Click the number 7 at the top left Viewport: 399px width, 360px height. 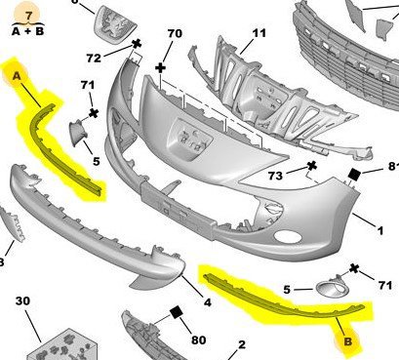pyautogui.click(x=28, y=16)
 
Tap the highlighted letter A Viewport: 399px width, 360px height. pyautogui.click(x=17, y=76)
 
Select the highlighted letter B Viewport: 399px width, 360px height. pyautogui.click(x=348, y=341)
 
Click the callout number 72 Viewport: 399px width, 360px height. pyautogui.click(x=94, y=59)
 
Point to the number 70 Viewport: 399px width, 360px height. pyautogui.click(x=175, y=33)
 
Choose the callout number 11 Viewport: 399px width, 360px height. pyautogui.click(x=259, y=33)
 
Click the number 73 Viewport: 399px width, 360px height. pyautogui.click(x=275, y=176)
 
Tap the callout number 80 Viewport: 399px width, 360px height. pyautogui.click(x=198, y=340)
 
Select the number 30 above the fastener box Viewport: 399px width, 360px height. pyautogui.click(x=22, y=300)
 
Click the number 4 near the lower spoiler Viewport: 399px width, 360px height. pyautogui.click(x=208, y=302)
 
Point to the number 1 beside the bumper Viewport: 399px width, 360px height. pyautogui.click(x=380, y=231)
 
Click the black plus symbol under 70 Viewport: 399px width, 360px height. pyautogui.click(x=160, y=68)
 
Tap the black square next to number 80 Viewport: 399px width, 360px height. pyautogui.click(x=177, y=313)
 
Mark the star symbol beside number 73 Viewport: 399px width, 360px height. pyautogui.click(x=312, y=166)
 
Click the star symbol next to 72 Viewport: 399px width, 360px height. pyautogui.click(x=137, y=44)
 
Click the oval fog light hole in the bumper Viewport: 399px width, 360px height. pyautogui.click(x=288, y=236)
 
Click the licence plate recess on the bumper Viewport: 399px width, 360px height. pyautogui.click(x=189, y=139)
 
